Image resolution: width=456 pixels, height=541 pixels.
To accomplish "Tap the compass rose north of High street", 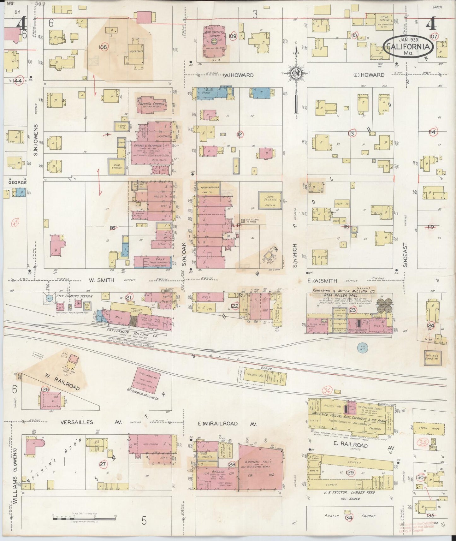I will [x=296, y=73].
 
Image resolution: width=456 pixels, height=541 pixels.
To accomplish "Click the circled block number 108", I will [x=103, y=47].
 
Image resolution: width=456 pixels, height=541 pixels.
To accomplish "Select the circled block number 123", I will [x=352, y=310].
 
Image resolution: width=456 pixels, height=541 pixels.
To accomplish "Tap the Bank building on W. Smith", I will [x=153, y=262].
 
